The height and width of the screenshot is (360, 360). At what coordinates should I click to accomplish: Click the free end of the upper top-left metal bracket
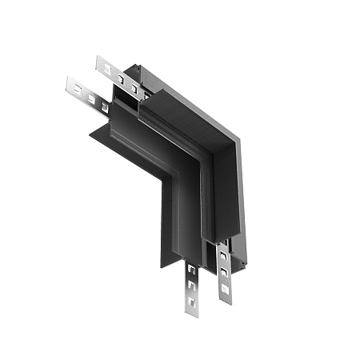click(x=100, y=62)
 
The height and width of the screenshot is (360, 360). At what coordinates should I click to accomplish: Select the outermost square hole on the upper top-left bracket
click(x=107, y=68)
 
